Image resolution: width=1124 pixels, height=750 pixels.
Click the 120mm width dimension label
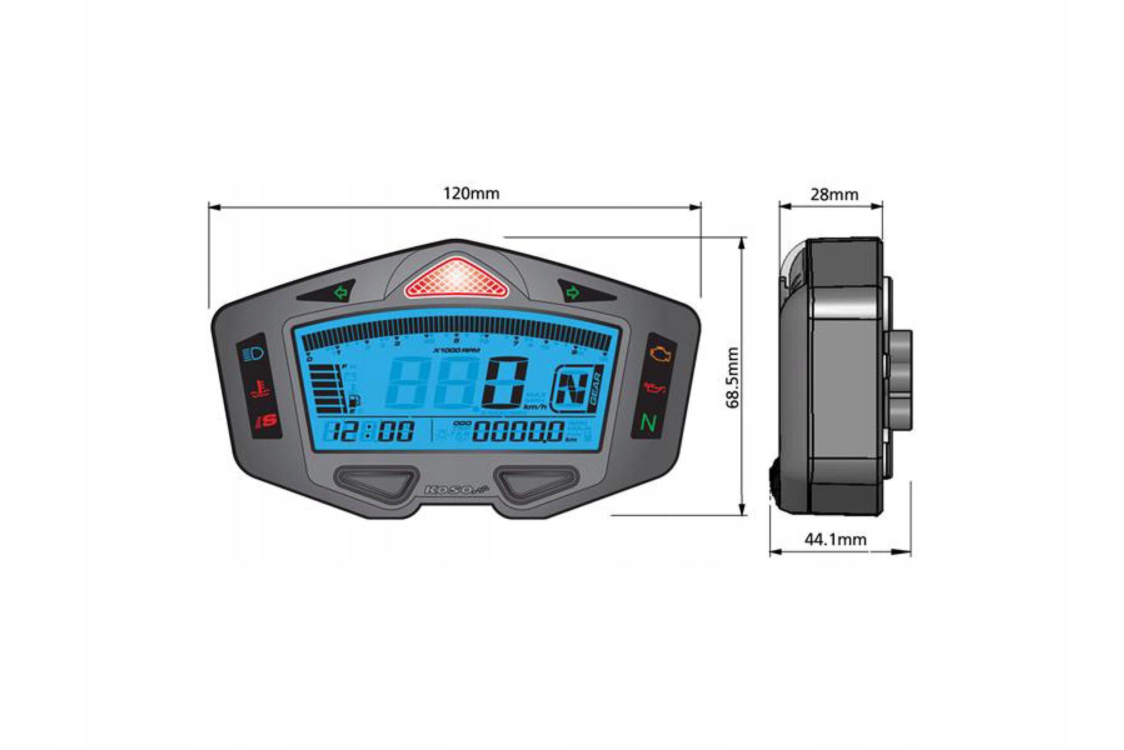(x=471, y=194)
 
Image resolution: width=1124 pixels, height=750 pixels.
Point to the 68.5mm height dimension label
(x=732, y=378)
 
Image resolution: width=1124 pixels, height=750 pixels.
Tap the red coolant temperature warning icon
(x=259, y=388)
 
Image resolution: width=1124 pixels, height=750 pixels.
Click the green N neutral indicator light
(x=648, y=423)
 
